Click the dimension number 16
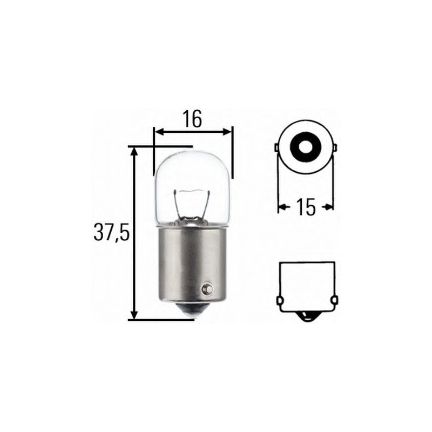pyautogui.click(x=192, y=119)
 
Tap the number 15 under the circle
pyautogui.click(x=306, y=207)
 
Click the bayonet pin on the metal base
pyautogui.click(x=206, y=289)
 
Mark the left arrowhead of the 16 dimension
pyautogui.click(x=158, y=131)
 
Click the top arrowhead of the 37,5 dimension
pyautogui.click(x=134, y=150)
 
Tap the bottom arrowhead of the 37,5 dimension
pyautogui.click(x=134, y=315)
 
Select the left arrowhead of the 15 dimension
pyautogui.click(x=281, y=206)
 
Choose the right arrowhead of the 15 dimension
pyautogui.click(x=330, y=206)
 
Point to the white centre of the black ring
pyautogui.click(x=306, y=146)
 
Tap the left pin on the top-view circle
pyautogui.click(x=276, y=147)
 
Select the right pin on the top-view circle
pyautogui.click(x=335, y=147)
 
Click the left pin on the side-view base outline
pyautogui.click(x=280, y=300)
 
